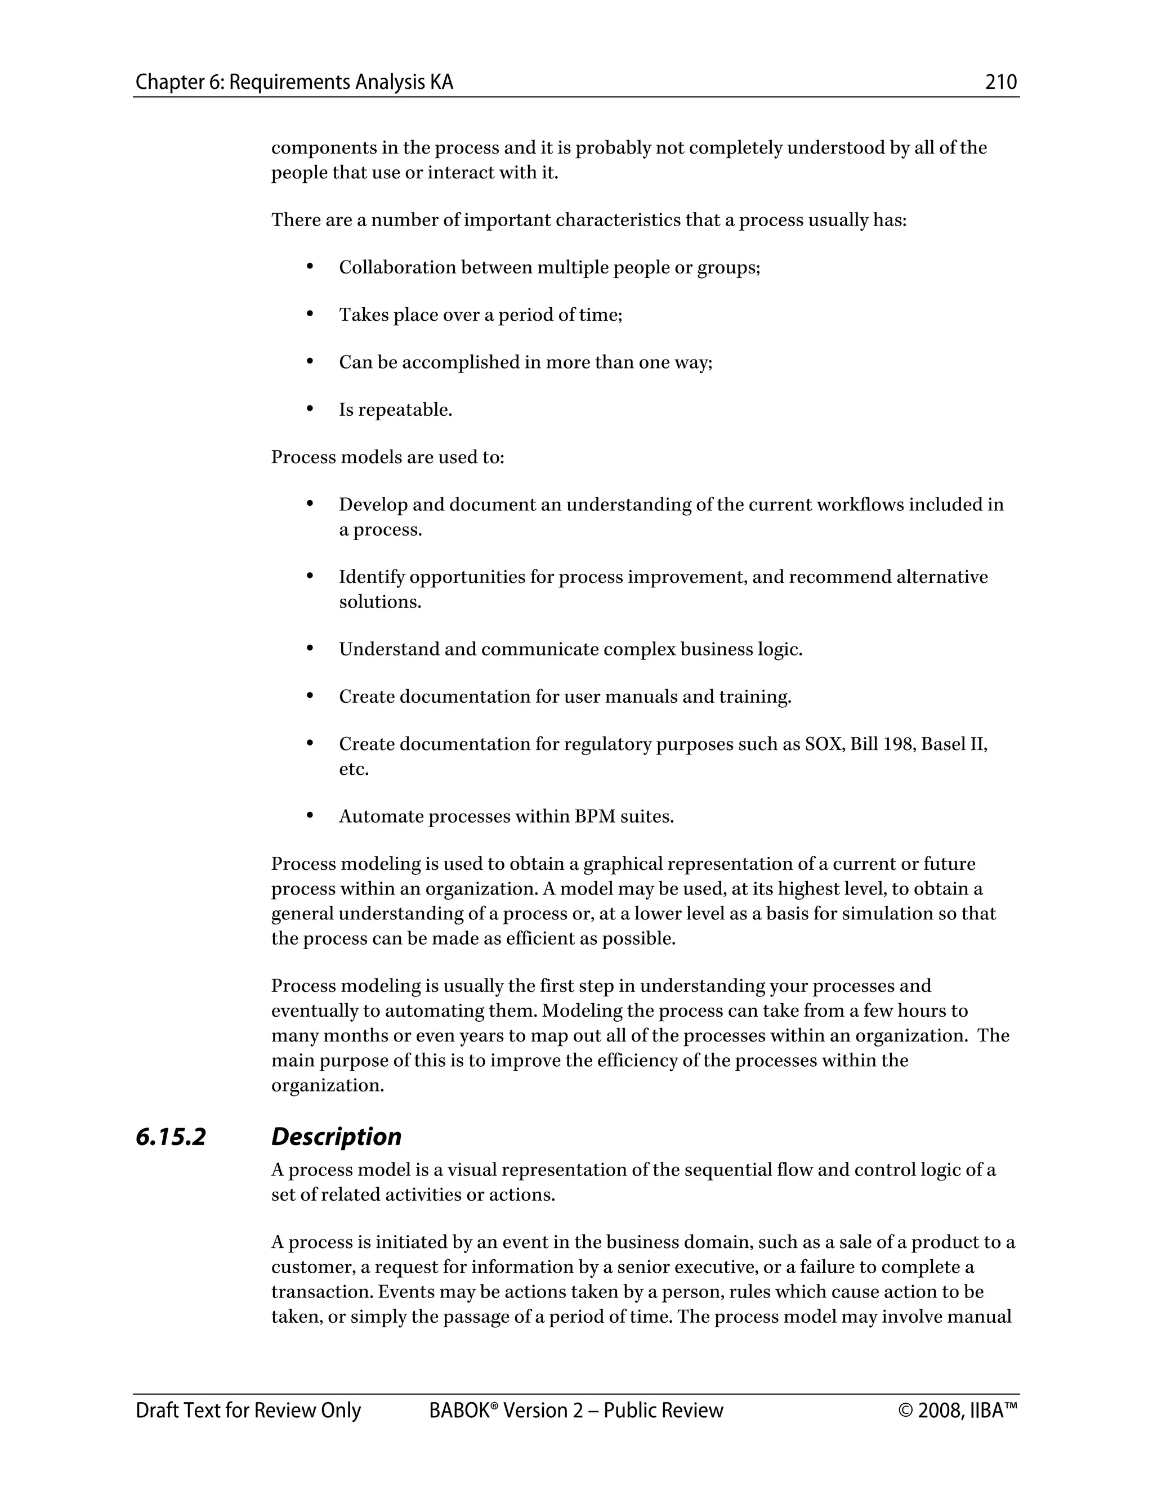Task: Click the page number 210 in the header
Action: [1000, 83]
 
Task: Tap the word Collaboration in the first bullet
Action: [397, 268]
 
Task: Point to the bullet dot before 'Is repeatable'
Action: [310, 409]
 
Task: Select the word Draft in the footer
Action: [156, 1411]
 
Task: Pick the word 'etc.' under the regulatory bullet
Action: [354, 769]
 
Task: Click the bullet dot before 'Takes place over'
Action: [310, 314]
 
